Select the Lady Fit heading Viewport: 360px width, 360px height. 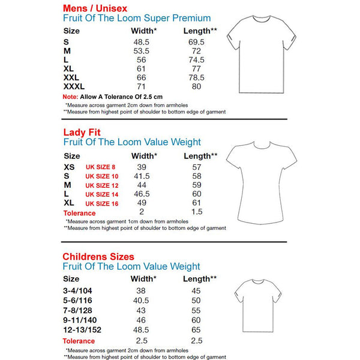(82, 132)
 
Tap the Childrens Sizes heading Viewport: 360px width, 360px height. (98, 256)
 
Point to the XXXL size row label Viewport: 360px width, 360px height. (74, 87)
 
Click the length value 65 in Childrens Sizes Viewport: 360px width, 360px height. (194, 330)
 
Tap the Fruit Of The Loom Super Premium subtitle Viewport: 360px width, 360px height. (137, 18)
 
